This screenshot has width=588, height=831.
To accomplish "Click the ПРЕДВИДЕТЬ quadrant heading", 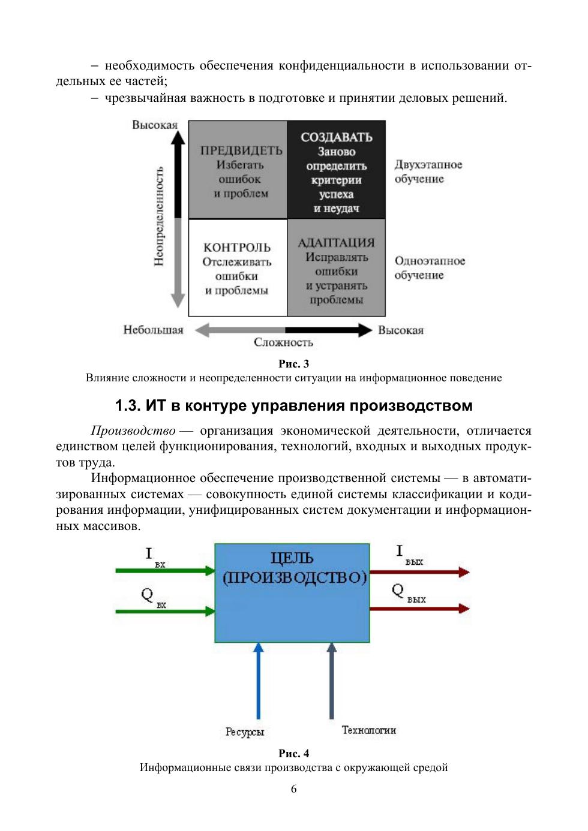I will (x=241, y=150).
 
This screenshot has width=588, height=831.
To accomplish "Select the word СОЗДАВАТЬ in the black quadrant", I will (x=336, y=137).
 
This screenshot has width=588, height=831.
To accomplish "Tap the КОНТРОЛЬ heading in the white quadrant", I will (x=237, y=248).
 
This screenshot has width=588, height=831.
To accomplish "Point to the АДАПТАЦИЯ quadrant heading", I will (x=336, y=243).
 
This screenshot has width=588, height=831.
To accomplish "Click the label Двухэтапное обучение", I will (x=428, y=171).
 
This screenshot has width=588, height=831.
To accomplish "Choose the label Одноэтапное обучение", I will (x=430, y=268).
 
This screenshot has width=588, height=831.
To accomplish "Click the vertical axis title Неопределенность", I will (x=159, y=216).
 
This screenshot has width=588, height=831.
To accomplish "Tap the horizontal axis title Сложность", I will (x=283, y=342).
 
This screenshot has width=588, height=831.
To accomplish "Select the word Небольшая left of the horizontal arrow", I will (x=153, y=330).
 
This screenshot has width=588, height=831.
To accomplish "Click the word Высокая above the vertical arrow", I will (x=155, y=125).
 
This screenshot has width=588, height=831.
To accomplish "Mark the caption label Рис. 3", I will (x=294, y=363).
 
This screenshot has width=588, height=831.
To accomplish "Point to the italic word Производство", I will (x=133, y=430).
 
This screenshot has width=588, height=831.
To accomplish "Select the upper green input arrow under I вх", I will (x=164, y=571).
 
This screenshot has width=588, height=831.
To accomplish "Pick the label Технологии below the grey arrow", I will (x=369, y=730).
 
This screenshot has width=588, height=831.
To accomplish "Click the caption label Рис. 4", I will (x=294, y=753).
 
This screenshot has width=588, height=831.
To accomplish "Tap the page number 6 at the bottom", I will (x=294, y=789).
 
